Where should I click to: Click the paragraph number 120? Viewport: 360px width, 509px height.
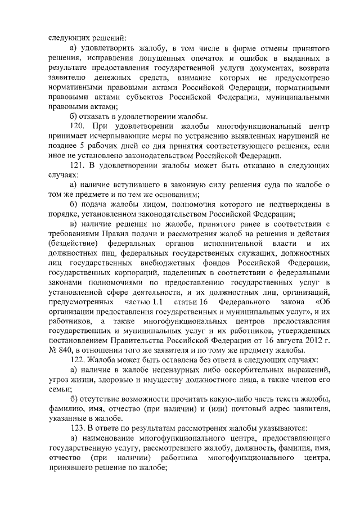coord(77,125)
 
